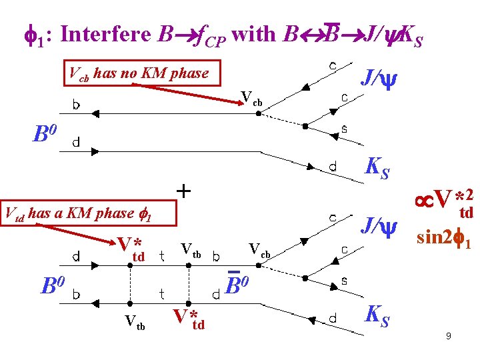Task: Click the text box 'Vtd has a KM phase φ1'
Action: click(x=87, y=213)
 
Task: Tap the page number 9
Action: click(x=449, y=337)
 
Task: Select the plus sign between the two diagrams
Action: click(x=183, y=191)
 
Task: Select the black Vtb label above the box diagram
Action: click(x=191, y=250)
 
